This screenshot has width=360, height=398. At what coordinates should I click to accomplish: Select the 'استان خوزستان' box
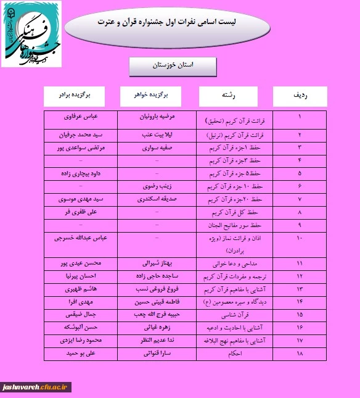(173, 65)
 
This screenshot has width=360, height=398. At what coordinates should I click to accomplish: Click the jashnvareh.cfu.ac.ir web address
(37, 387)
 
